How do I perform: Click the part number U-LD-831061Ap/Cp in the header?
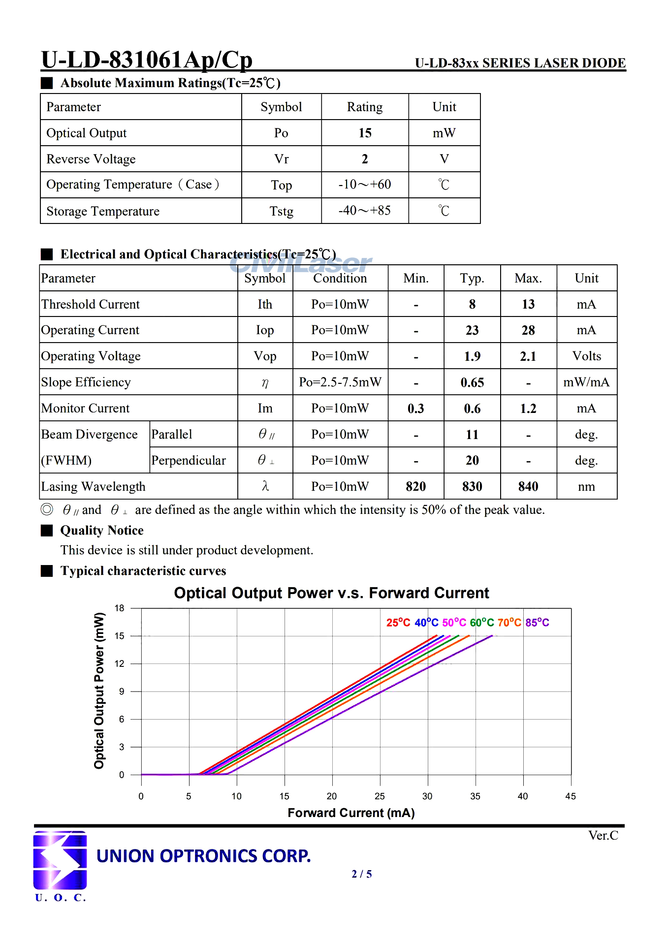(147, 60)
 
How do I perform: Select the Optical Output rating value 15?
(365, 133)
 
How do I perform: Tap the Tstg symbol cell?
(281, 211)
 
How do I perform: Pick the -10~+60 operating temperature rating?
(365, 185)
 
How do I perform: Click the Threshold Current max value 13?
(528, 304)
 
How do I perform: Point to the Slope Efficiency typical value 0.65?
(472, 382)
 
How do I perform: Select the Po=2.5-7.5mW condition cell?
(340, 382)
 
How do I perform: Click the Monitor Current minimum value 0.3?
(416, 409)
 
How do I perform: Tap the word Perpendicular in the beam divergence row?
(189, 461)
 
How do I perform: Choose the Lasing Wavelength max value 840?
(528, 487)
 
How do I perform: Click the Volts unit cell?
(587, 356)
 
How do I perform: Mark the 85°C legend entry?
(537, 623)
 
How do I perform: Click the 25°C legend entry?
(398, 623)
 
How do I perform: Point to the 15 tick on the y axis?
(120, 636)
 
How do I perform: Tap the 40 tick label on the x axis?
(523, 796)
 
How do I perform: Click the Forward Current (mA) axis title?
(351, 813)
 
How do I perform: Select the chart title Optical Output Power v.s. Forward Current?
(331, 593)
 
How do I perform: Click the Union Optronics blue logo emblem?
(60, 860)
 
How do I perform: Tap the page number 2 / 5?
(362, 874)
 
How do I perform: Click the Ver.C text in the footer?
(603, 836)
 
